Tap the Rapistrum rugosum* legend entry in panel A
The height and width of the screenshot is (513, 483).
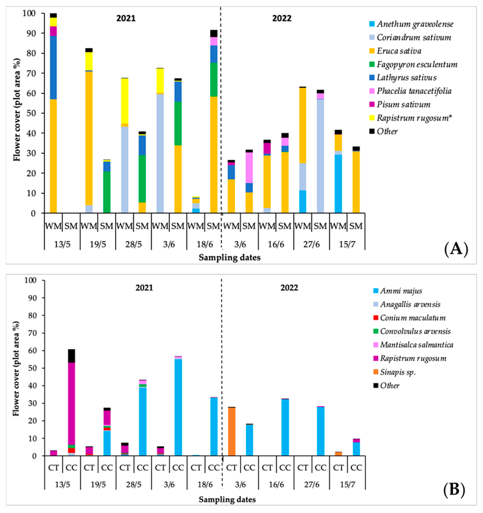click(x=414, y=118)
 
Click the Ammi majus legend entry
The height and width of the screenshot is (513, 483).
click(x=401, y=291)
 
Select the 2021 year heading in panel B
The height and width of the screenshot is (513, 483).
click(x=144, y=288)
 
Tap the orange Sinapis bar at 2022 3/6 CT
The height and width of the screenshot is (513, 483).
click(x=231, y=431)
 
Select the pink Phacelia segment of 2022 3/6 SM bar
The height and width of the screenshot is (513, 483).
click(x=249, y=168)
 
